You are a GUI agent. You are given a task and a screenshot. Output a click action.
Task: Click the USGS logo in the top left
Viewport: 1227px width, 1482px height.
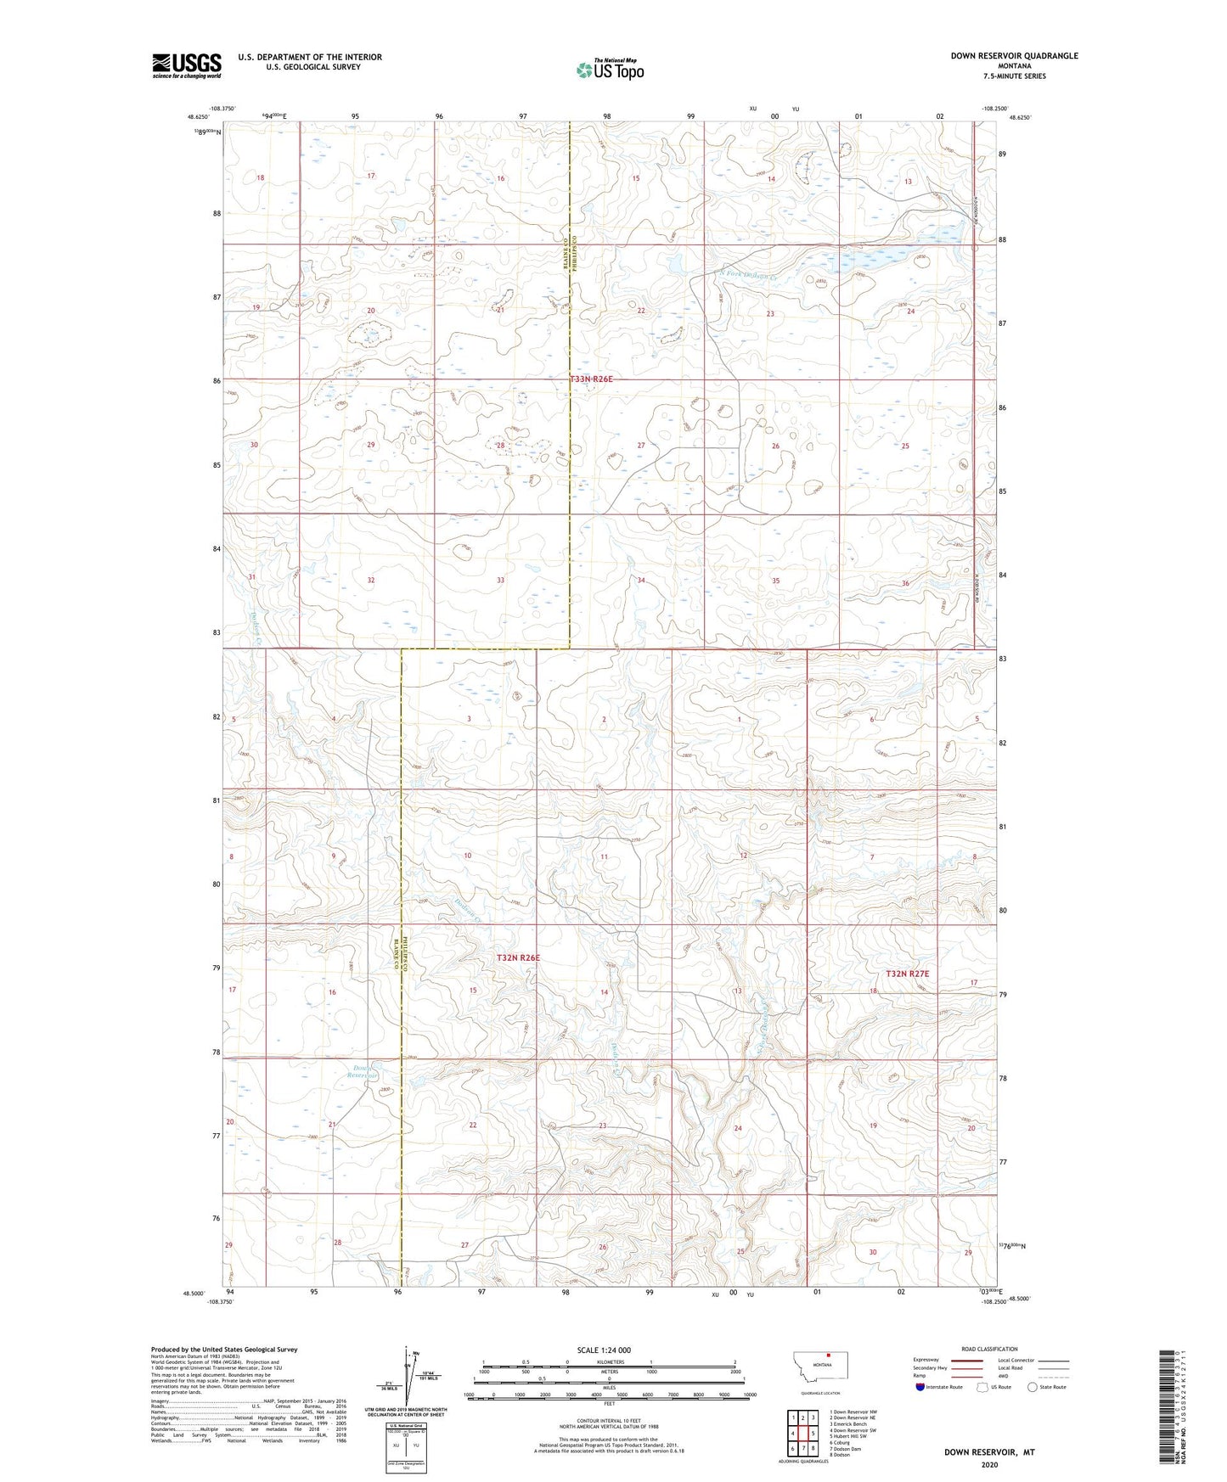(x=186, y=65)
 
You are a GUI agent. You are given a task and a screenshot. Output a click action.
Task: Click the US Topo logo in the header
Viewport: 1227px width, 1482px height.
(x=610, y=70)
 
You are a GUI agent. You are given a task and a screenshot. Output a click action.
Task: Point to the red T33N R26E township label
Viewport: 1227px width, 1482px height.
(x=591, y=379)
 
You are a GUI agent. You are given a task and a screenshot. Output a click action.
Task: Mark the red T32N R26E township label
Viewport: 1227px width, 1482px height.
(x=518, y=957)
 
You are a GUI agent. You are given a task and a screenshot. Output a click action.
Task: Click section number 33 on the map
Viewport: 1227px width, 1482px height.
(x=501, y=581)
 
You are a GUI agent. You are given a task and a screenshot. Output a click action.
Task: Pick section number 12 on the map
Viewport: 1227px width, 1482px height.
(x=743, y=856)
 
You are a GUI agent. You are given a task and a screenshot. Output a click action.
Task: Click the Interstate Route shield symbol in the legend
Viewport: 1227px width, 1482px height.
(x=921, y=1387)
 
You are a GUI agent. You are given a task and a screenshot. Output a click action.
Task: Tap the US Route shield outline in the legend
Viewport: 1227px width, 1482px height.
(x=984, y=1387)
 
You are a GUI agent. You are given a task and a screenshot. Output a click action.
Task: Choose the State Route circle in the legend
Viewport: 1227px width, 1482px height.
(x=1033, y=1387)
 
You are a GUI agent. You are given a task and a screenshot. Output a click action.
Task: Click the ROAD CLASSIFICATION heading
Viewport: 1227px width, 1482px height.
(x=989, y=1349)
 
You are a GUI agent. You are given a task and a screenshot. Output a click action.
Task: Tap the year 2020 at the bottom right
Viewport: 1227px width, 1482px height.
(x=989, y=1464)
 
